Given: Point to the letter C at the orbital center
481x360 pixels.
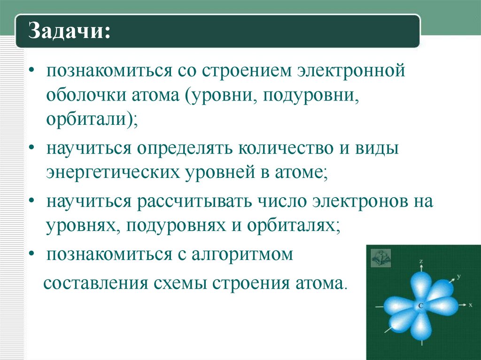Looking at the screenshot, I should point(420,305).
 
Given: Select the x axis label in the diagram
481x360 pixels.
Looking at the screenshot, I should point(470,304).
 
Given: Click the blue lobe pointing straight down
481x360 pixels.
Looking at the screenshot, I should point(421,326).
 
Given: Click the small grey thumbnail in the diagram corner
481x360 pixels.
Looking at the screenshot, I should point(381,257).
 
